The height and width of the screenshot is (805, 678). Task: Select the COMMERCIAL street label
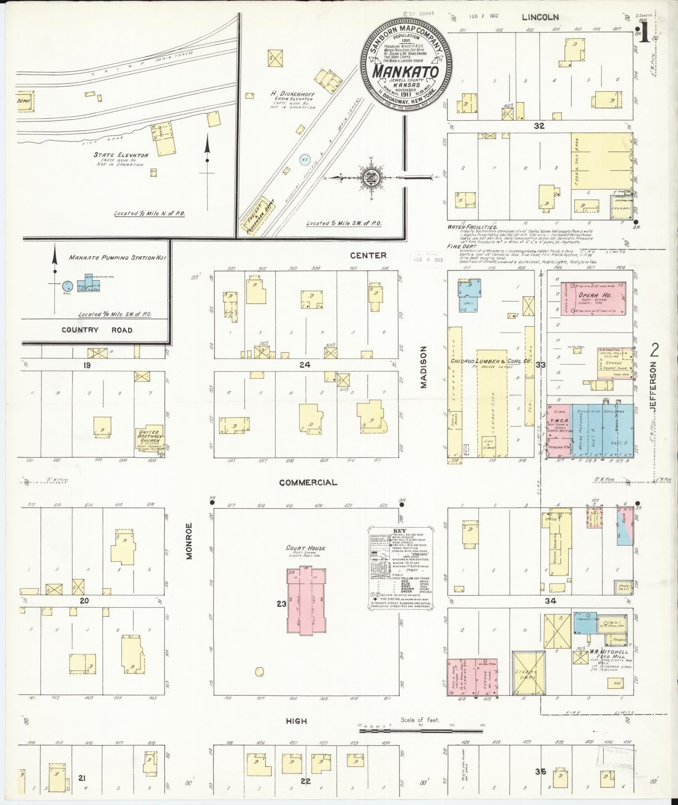coord(308,483)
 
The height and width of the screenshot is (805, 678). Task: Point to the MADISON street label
coord(423,367)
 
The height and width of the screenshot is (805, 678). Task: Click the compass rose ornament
coord(370,178)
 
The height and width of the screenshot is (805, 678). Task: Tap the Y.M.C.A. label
coord(558,421)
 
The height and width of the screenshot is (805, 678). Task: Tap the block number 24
coord(305,365)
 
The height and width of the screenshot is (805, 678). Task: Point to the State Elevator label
coord(121,155)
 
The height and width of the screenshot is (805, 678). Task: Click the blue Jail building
coord(470,295)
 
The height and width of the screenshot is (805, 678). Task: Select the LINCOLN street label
coord(540,17)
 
